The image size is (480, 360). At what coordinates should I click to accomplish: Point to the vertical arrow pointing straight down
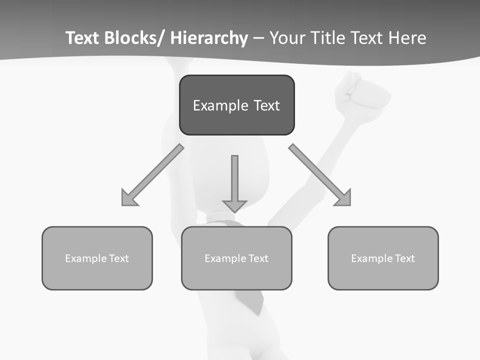coord(234,183)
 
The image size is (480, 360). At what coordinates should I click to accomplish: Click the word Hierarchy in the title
coord(209,38)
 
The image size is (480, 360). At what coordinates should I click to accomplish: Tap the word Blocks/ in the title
coord(134,38)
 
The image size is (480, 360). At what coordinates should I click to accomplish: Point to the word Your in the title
coord(287,38)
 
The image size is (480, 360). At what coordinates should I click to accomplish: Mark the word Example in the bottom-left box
coord(86,258)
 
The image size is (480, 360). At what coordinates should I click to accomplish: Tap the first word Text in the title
coord(83,38)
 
